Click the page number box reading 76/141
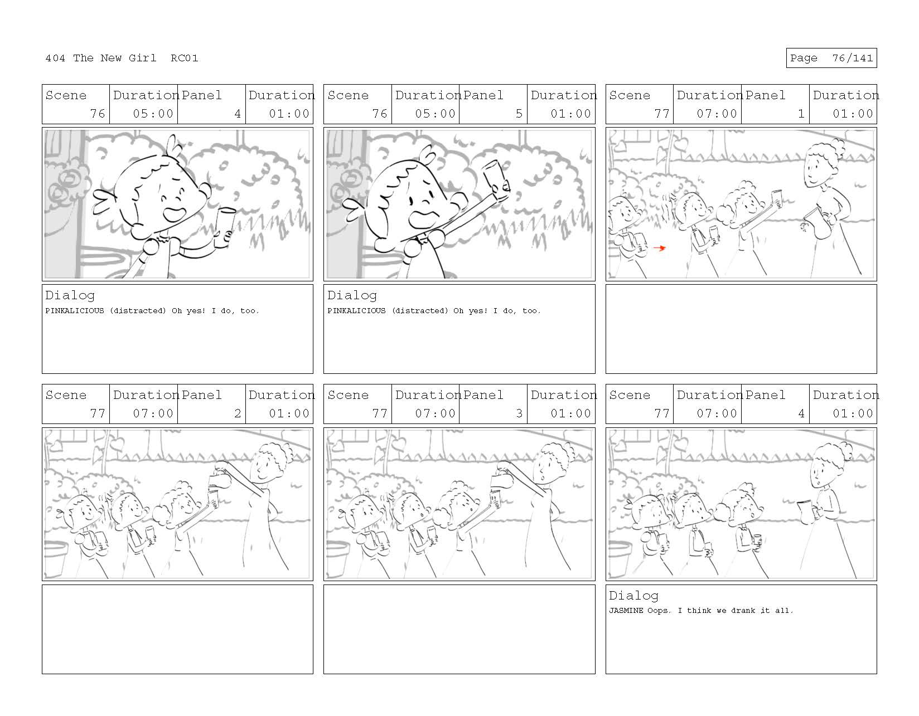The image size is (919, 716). click(x=831, y=58)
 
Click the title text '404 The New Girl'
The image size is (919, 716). click(x=100, y=58)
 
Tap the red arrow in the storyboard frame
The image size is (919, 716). click(x=660, y=248)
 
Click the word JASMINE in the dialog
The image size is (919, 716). click(x=626, y=610)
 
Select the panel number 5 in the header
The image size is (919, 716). click(x=519, y=114)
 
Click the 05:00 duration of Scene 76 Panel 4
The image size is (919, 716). click(x=153, y=114)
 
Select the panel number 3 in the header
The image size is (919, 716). click(x=519, y=413)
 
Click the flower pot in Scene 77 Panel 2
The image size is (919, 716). click(x=55, y=558)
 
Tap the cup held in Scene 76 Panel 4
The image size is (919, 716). click(x=225, y=227)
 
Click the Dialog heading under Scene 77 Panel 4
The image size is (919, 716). click(x=633, y=595)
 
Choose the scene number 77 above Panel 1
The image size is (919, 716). click(x=662, y=114)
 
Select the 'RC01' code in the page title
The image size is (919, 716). click(x=185, y=58)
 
